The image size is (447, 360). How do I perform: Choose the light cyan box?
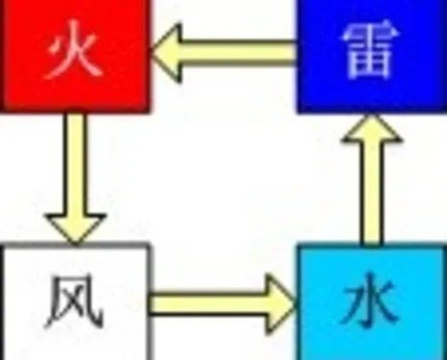pyautogui.click(x=369, y=303)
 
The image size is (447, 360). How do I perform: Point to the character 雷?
pyautogui.click(x=369, y=56)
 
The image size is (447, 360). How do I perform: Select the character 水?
pyautogui.click(x=369, y=305)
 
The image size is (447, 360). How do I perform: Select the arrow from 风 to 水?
pyautogui.click(x=223, y=302)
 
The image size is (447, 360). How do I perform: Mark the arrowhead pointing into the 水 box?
pyautogui.click(x=279, y=302)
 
